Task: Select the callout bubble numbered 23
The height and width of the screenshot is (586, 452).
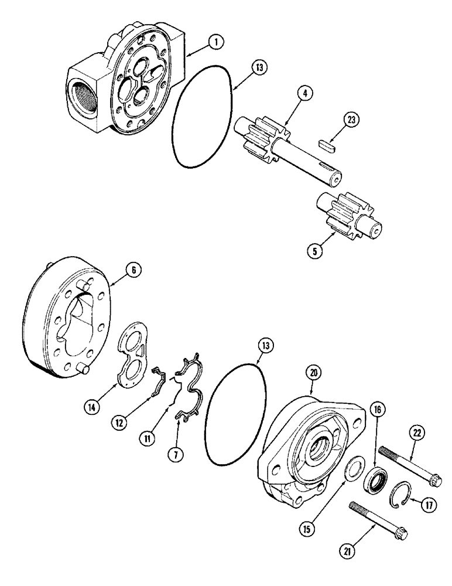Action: click(x=351, y=120)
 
